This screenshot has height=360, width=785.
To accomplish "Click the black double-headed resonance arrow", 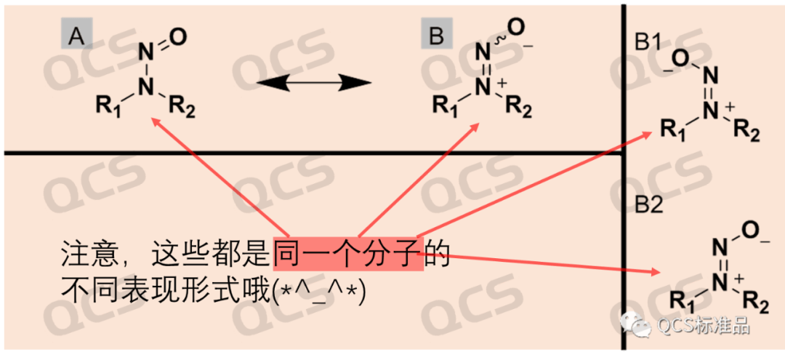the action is (x=314, y=83).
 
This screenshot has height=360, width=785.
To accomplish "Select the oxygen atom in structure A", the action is (x=178, y=36).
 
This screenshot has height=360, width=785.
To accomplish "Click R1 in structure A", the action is (x=110, y=108).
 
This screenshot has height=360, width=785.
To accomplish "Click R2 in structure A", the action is (x=182, y=108).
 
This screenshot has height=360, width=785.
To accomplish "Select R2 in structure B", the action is (x=518, y=107).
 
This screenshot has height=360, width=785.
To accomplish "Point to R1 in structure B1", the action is (x=673, y=130).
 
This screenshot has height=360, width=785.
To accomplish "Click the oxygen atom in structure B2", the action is (x=749, y=229).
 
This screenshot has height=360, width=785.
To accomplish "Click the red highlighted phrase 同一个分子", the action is (x=348, y=253).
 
